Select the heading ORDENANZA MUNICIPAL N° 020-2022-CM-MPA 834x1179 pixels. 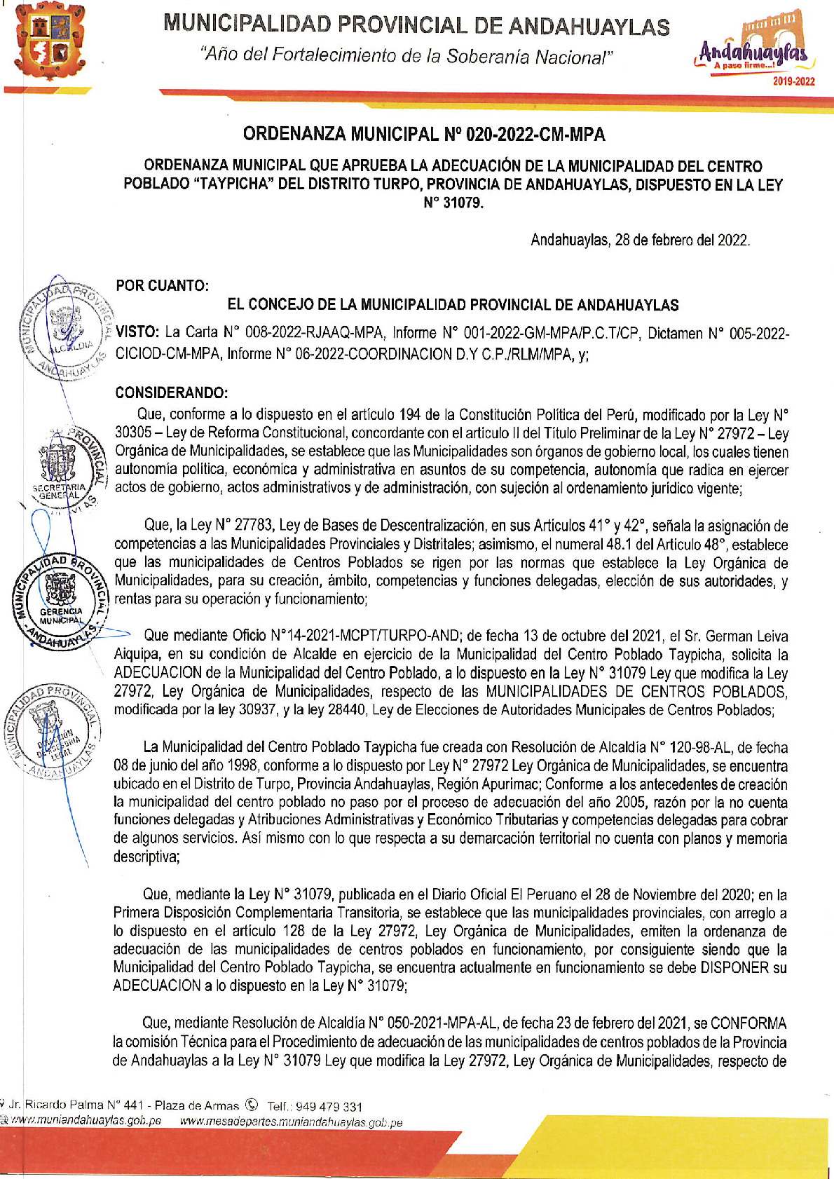pos(424,134)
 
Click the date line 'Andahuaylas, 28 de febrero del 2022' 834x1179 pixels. pos(640,240)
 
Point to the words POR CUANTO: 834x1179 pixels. pos(162,286)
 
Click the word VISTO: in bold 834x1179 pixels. pos(138,333)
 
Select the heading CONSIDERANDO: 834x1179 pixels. pos(171,393)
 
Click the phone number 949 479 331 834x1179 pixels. pos(329,1107)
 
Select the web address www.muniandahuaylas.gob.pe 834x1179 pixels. pos(86,1121)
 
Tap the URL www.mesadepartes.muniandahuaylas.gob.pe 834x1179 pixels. pos(291,1122)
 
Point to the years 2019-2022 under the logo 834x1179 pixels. pos(793,81)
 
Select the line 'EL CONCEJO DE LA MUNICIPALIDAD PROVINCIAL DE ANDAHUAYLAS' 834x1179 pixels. pos(453,305)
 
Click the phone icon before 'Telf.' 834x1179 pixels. pos(252,1106)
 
